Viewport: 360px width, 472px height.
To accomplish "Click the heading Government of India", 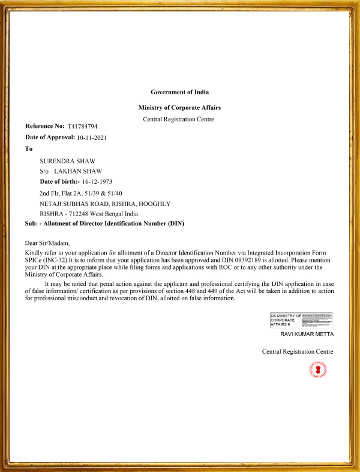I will pos(179,92).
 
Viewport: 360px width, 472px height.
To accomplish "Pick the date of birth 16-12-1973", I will pos(97,181).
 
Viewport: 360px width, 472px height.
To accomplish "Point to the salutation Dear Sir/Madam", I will pos(47,243).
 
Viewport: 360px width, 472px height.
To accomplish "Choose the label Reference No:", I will pos(44,126).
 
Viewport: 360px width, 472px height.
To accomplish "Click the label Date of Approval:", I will pos(50,138).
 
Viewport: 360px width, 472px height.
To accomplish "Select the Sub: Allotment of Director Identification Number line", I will pos(104,223).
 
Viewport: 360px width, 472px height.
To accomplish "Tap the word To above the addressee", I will pos(29,148).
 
